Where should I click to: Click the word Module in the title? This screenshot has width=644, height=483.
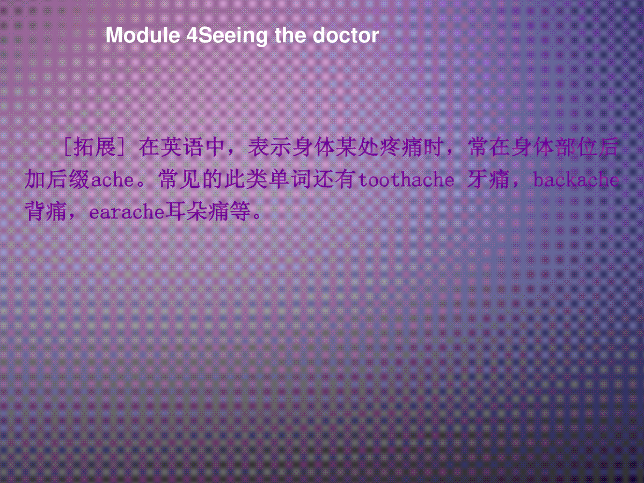click(143, 35)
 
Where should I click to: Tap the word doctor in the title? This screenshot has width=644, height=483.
click(346, 35)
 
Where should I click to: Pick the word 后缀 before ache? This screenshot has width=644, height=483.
click(68, 179)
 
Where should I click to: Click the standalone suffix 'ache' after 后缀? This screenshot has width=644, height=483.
click(112, 180)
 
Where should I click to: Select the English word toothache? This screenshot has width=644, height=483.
click(406, 180)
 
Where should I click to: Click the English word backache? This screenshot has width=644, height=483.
click(576, 179)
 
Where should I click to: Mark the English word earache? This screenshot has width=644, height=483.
click(127, 212)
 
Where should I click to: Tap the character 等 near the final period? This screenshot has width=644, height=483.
click(240, 211)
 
